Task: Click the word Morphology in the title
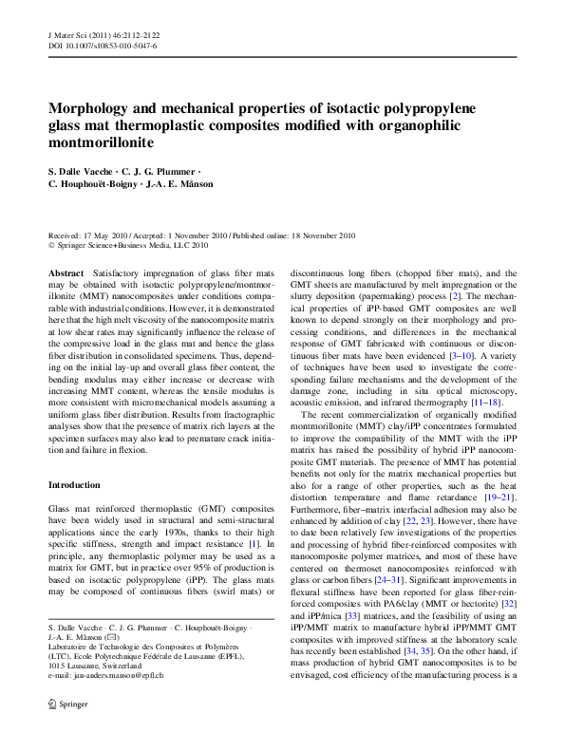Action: pos(93,109)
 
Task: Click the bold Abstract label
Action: pos(66,272)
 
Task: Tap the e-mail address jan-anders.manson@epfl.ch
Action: pos(105,701)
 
